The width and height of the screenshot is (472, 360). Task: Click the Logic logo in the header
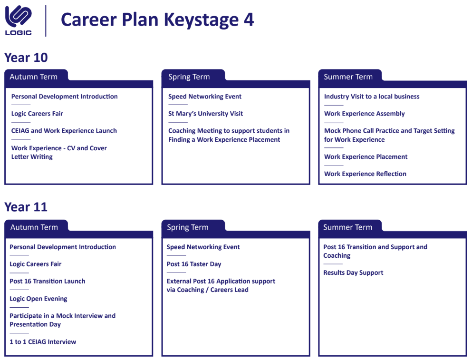point(19,20)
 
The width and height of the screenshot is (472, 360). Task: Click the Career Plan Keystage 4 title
point(157,20)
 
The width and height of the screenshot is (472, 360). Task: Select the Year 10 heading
point(26,58)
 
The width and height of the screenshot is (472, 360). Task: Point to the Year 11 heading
point(26,207)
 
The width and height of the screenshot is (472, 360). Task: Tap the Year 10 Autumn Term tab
point(33,77)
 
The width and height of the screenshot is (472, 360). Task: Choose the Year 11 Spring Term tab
point(188,227)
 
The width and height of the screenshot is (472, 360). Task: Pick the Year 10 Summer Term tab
point(348,77)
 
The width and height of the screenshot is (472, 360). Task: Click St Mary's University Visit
point(206,114)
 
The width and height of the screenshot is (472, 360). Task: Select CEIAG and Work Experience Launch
point(64,131)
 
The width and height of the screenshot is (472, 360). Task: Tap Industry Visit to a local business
point(372,97)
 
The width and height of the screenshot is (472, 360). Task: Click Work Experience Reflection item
point(365,174)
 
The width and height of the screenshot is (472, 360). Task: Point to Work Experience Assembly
point(365,114)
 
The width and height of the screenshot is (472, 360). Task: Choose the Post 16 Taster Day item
point(194,264)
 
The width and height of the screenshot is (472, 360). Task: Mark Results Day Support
point(353,272)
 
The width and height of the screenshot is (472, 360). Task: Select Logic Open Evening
point(39,299)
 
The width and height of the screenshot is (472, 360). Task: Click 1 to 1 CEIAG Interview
point(43,341)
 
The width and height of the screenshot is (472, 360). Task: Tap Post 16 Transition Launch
point(48,281)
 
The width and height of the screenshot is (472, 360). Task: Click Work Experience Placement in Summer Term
point(366,156)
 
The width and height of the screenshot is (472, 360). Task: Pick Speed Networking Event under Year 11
point(203,247)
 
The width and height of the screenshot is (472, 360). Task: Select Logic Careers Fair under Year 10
point(38,114)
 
